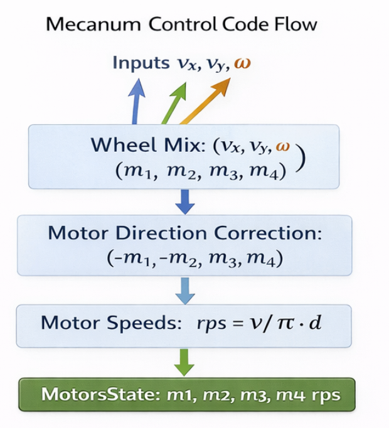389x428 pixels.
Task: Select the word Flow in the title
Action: click(295, 25)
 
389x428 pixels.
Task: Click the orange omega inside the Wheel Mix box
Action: click(284, 146)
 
